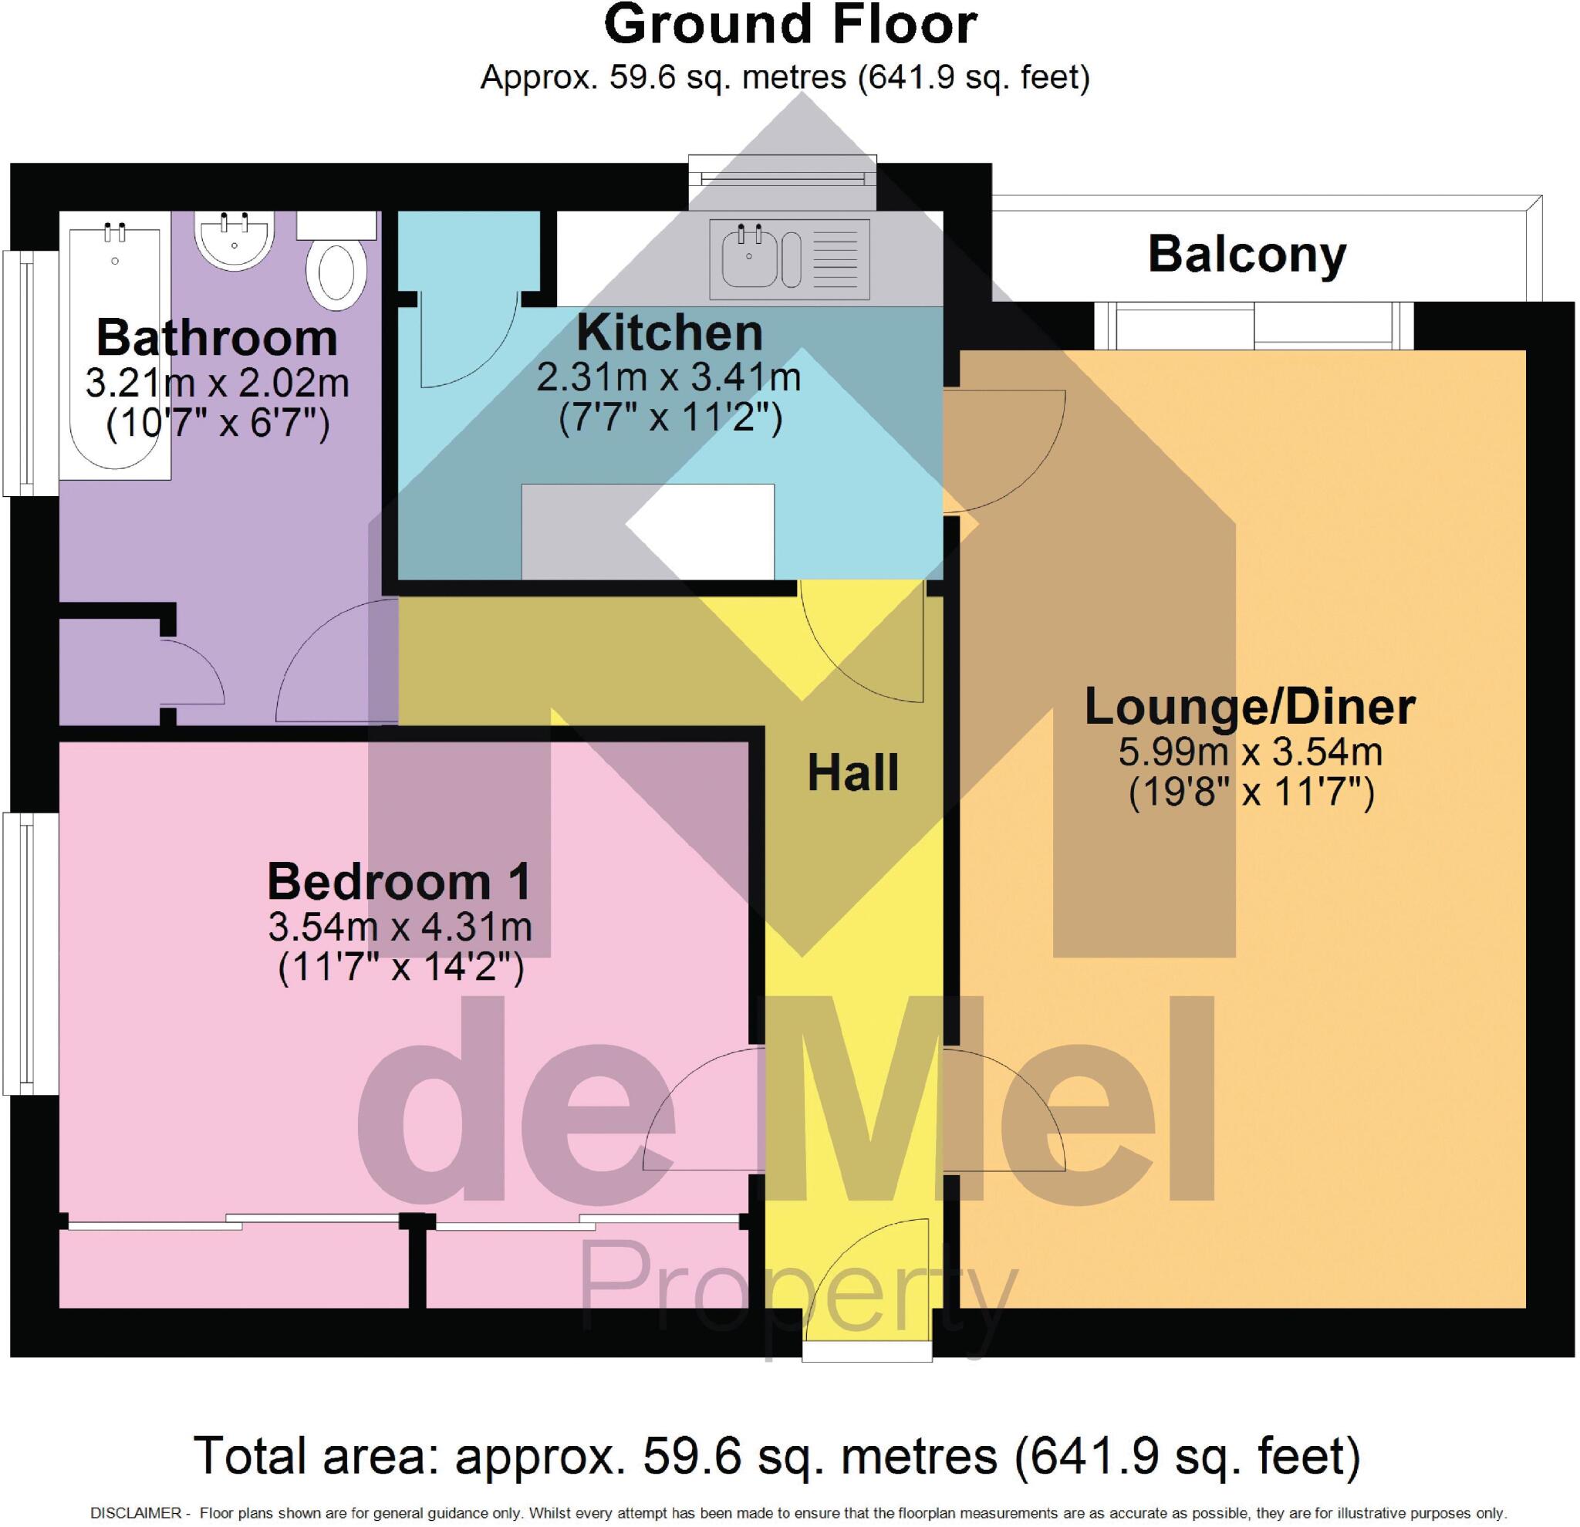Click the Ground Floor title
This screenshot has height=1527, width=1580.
click(x=790, y=25)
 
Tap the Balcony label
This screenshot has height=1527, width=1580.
click(x=1246, y=255)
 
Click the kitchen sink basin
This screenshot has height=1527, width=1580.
click(x=750, y=256)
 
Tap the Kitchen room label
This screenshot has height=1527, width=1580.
click(x=669, y=333)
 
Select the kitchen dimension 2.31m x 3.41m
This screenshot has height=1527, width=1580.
click(x=669, y=377)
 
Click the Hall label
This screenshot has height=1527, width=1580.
click(x=853, y=773)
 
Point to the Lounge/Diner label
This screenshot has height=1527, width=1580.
click(x=1250, y=707)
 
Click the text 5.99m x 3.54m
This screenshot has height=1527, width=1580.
click(x=1250, y=752)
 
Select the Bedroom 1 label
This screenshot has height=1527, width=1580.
click(x=399, y=881)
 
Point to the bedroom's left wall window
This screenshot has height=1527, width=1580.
click(x=29, y=953)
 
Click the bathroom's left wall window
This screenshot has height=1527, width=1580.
click(x=29, y=373)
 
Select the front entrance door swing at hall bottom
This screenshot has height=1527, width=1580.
click(x=866, y=1280)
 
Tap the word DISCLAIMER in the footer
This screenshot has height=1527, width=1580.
click(x=137, y=1513)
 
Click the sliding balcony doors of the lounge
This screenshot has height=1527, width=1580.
click(x=1254, y=326)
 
